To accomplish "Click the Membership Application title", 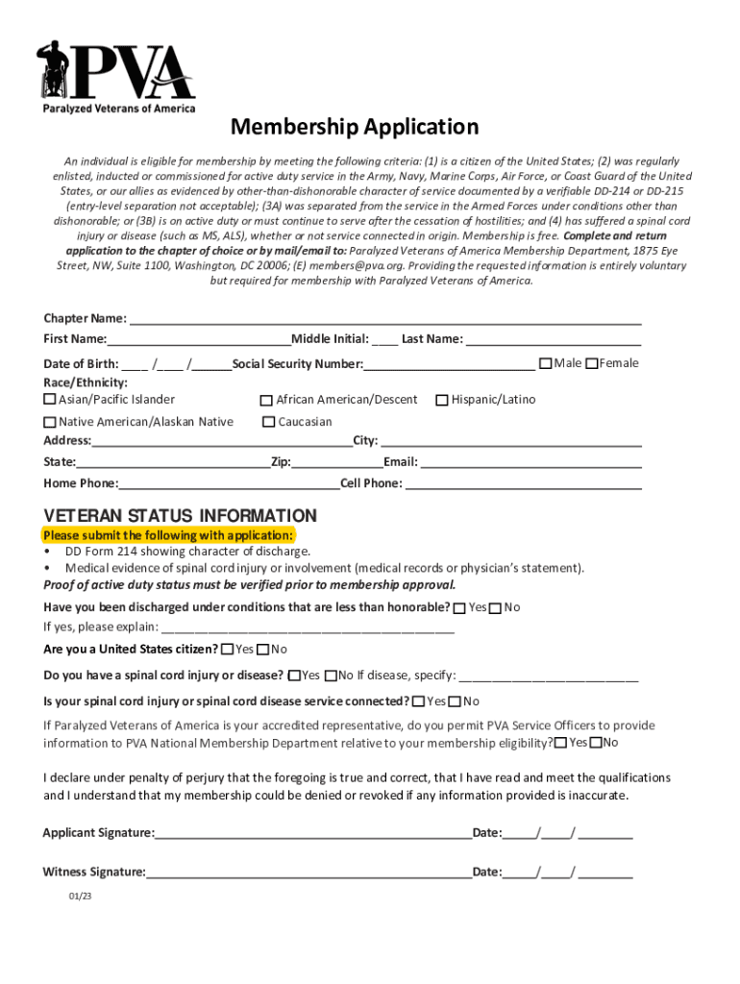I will [353, 127].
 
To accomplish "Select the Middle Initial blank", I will [384, 339].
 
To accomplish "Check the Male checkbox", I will [546, 363].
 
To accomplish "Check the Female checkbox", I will [592, 363].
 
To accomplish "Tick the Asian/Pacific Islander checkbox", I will [50, 400].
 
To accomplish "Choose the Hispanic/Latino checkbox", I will [442, 400].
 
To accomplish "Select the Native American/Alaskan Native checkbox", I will [50, 422].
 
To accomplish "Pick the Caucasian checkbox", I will [269, 422].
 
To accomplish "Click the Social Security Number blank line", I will [449, 365].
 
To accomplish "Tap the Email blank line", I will [530, 462].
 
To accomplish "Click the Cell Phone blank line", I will [523, 483].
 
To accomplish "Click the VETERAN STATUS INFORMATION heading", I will [180, 515].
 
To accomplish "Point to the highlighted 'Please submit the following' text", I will [168, 535].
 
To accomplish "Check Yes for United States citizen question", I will [227, 650].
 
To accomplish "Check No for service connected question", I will [455, 701].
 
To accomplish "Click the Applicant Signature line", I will [312, 833].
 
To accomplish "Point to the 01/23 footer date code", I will [80, 896].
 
